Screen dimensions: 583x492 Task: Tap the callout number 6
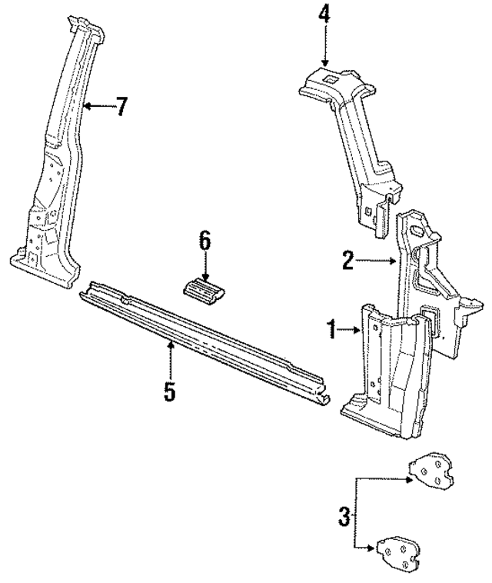coord(204,242)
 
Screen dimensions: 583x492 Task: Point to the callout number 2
coord(348,262)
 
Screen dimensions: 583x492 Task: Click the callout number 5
coord(170,391)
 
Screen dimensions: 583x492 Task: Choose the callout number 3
coord(344,515)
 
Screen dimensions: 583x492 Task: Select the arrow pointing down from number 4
coord(324,46)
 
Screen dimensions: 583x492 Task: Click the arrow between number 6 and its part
coord(205,268)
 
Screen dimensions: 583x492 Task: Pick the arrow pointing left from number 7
coord(95,107)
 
